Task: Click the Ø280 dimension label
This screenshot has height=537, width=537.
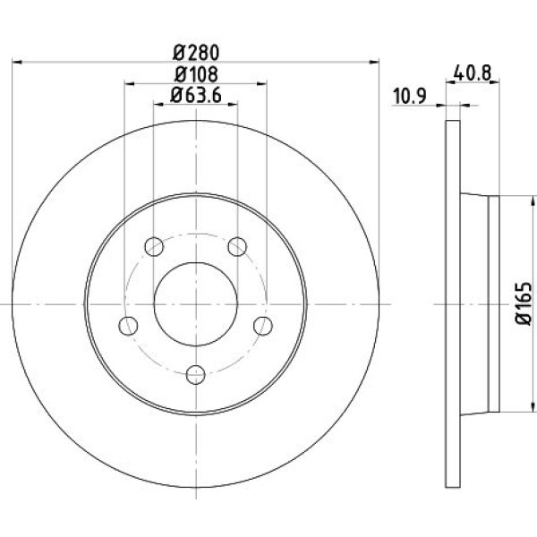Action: (x=196, y=53)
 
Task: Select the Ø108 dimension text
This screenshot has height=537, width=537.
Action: (x=196, y=74)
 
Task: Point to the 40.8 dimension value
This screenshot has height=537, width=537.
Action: (x=473, y=73)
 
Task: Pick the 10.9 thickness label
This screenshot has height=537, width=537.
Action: (x=409, y=96)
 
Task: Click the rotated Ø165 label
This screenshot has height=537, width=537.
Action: (x=524, y=303)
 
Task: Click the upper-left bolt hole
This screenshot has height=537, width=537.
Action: (x=154, y=246)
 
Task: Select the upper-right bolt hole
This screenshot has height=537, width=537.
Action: (x=237, y=246)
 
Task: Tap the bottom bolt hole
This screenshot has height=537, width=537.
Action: (x=196, y=375)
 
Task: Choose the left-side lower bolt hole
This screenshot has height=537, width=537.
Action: (x=128, y=326)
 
